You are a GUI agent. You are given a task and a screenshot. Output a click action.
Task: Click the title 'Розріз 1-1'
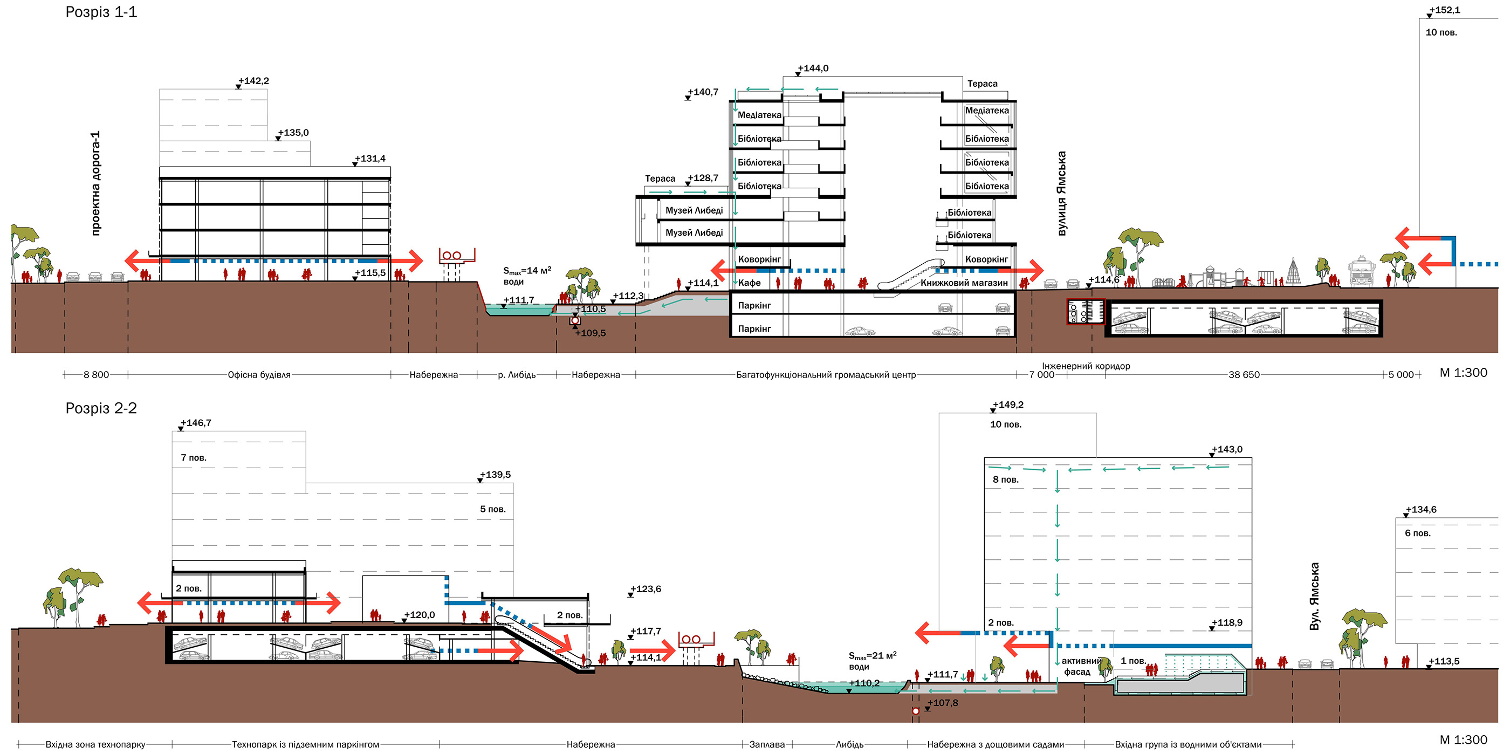101,12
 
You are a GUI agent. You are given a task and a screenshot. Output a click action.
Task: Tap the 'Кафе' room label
749,283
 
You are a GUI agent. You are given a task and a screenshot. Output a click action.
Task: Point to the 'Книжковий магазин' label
964,283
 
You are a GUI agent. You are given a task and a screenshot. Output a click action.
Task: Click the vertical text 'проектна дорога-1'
95,183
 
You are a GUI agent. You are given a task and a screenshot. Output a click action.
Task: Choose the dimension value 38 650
1244,375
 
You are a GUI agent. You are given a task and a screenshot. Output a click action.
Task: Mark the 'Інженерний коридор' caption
1086,366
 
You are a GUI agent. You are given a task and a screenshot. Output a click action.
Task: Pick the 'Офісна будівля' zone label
259,375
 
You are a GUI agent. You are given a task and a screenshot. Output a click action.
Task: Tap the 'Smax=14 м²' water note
526,271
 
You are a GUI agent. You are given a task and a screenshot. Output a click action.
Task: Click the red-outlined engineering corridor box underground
1085,311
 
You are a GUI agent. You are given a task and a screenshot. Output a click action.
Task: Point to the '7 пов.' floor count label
194,457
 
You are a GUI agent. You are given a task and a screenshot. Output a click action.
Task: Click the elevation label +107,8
943,702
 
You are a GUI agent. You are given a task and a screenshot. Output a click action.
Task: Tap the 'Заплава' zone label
767,744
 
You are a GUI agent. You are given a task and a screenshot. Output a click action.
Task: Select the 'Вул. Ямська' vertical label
1315,597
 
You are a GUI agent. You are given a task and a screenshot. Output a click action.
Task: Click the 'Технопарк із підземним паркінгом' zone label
305,744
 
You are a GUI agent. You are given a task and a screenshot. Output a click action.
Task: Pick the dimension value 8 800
96,375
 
